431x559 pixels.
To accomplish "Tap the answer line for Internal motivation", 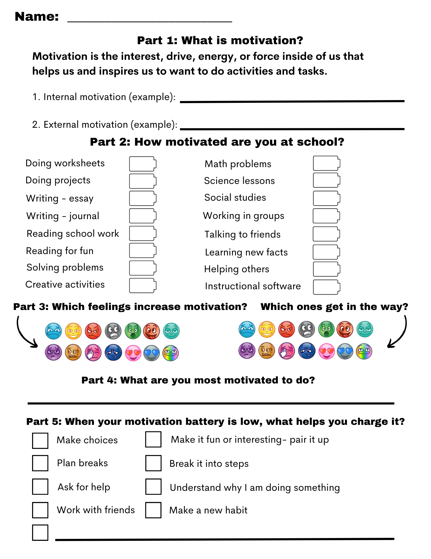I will pos(292,101).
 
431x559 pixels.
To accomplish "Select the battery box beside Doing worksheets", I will pos(143,164).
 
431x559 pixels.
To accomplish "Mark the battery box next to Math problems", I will pos(326,163).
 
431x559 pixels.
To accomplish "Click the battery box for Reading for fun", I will pos(143,250).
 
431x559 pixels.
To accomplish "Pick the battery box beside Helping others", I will pos(326,269).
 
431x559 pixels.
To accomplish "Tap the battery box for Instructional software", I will pos(326,287).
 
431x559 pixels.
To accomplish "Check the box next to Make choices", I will pos(40,441).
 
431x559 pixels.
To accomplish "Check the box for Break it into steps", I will pos(153,463).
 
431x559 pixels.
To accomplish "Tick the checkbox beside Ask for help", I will pos(40,487).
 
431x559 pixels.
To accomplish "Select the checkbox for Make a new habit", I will pos(153,510).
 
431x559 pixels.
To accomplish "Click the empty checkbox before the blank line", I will pos(40,532).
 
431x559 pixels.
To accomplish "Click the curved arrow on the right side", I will pos(399,333).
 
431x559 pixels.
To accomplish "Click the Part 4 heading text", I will pos(198,380).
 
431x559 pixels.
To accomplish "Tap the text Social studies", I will pos(235,198).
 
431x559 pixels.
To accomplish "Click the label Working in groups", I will pos(244,216).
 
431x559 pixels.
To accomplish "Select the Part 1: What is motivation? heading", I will pos(220,41).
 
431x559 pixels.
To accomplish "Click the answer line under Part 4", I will pos(211,403).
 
